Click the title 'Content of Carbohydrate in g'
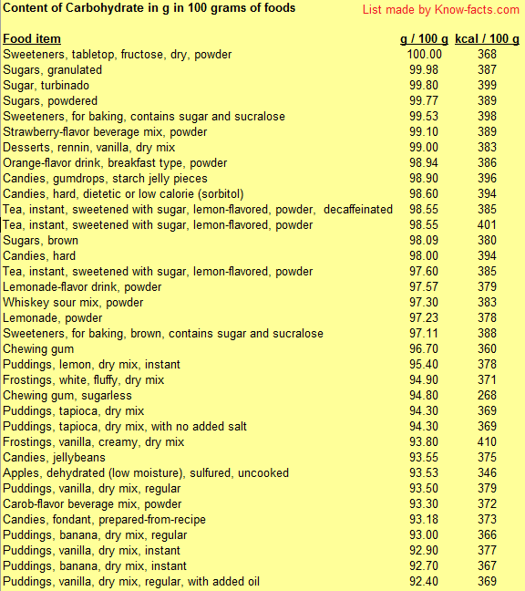(149, 8)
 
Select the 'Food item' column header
(32, 39)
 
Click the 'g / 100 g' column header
(424, 39)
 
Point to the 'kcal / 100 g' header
(487, 39)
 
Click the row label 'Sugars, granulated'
(53, 70)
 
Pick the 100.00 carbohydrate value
(424, 55)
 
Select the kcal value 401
(487, 225)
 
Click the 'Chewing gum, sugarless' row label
(67, 396)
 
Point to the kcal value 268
(487, 396)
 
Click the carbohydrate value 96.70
(425, 349)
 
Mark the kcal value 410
(487, 442)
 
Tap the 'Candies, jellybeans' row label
(54, 458)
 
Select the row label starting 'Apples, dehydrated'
(146, 473)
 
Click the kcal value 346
(487, 473)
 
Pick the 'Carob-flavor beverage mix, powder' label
(92, 504)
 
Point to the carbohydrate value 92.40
(425, 582)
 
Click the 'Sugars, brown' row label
(42, 241)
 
